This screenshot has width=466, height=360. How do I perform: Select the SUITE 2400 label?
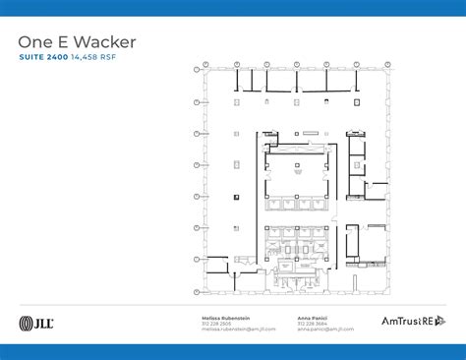click(x=43, y=58)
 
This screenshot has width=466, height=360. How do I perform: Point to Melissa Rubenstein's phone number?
click(x=217, y=323)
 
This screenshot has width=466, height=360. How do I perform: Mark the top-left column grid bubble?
click(x=204, y=66)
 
